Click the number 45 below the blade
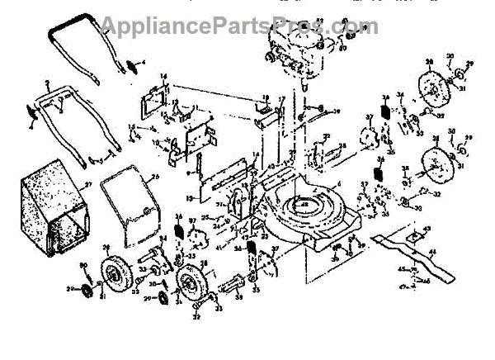(398, 269)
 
